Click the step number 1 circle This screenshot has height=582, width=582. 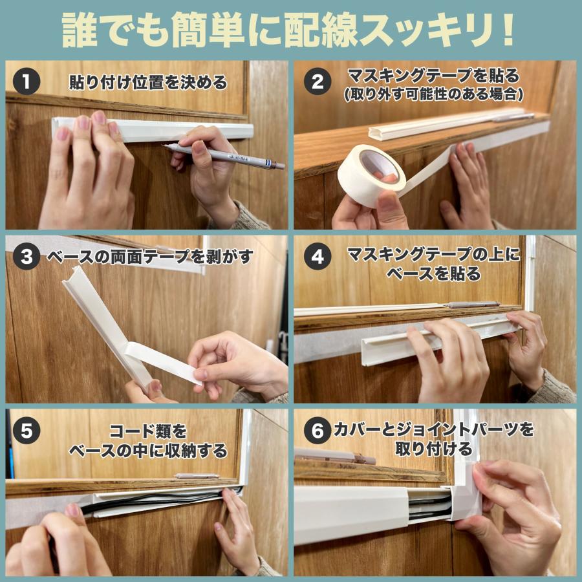tap(27, 83)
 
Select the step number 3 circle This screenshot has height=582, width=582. tap(27, 257)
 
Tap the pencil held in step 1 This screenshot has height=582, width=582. tap(226, 156)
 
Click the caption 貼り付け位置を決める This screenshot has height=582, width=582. tap(148, 83)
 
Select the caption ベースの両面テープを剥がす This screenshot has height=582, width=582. tap(149, 257)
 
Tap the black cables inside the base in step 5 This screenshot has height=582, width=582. tap(162, 502)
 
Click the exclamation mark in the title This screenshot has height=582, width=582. tap(508, 29)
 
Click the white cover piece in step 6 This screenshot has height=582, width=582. tap(352, 514)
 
